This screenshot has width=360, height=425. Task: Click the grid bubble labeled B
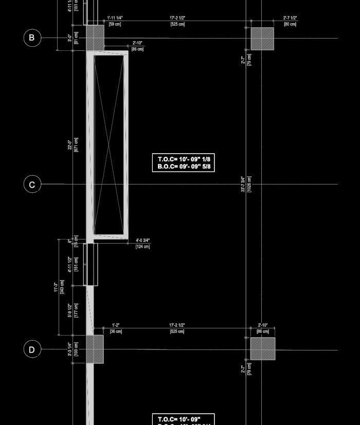point(32,38)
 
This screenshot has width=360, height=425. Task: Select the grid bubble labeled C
point(32,184)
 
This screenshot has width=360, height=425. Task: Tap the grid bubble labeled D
point(32,350)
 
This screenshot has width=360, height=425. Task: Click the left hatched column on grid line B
point(95,38)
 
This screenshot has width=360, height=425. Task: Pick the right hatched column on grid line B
point(262,39)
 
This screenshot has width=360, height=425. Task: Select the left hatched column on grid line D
point(95,349)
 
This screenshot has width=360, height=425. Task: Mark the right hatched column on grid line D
point(263,348)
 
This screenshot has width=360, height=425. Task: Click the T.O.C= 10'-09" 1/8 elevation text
point(184,159)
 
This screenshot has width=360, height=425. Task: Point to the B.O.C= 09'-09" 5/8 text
point(184,167)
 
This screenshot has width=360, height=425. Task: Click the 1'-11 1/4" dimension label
point(115,18)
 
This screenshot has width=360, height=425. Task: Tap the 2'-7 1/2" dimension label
point(290,18)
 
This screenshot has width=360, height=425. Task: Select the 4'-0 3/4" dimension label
point(142,241)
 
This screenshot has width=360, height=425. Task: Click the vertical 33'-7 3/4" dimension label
point(243,183)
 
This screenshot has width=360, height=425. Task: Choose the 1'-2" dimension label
point(115,325)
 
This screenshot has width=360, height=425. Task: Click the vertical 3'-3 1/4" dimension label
point(70,350)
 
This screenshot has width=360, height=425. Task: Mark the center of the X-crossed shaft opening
point(109,145)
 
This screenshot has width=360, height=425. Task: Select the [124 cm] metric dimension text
point(142,247)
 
